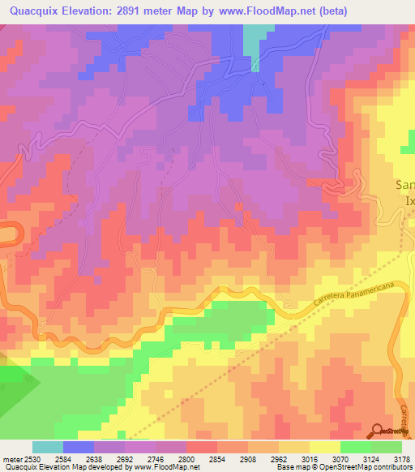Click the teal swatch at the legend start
[48, 447]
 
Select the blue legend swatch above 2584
[79, 447]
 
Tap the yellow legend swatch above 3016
[325, 447]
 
